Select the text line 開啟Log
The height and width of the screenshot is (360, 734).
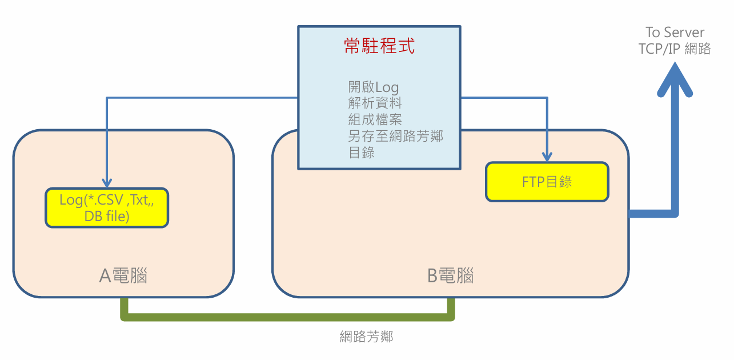coord(373,87)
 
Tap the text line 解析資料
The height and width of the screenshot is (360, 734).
coord(375,103)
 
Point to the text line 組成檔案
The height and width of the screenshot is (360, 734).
coord(375,120)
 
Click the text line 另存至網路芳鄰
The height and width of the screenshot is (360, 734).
coord(395,137)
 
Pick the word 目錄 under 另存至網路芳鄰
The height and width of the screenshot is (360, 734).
coord(361,153)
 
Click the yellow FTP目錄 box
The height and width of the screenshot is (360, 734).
coord(547,182)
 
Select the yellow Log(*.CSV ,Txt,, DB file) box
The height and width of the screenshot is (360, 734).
coord(107,208)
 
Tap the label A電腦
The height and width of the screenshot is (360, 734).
coord(123,276)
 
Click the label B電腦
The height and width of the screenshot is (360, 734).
coord(451,276)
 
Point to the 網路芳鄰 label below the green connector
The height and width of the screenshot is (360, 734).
coord(366,337)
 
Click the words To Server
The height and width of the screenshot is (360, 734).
coord(675,33)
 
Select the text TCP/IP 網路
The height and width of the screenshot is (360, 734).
coord(675,49)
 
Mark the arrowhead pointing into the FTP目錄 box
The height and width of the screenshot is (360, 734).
coord(547,157)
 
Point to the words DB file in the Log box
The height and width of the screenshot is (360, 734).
coord(107,217)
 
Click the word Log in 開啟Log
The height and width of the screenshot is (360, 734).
coord(387,87)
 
